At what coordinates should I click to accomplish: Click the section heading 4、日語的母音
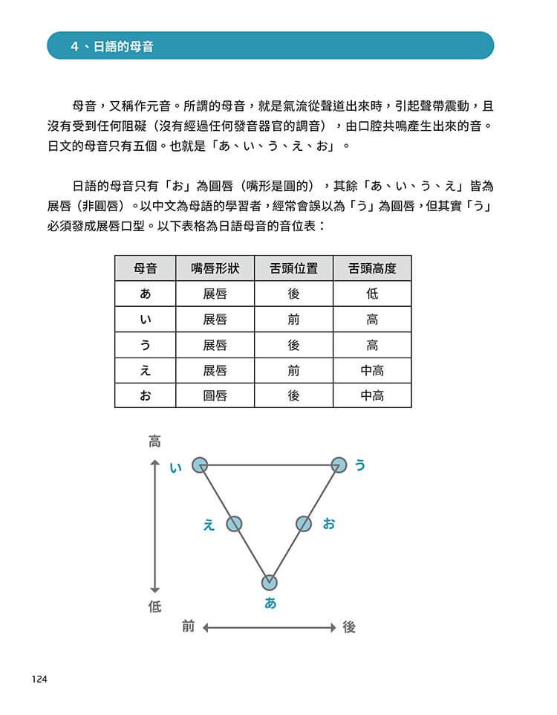tap(117, 46)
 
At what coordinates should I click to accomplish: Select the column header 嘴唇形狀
tap(215, 268)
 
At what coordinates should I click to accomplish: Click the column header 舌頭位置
tap(293, 268)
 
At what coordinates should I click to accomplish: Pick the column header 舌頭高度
tap(372, 268)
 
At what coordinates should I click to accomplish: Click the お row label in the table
tap(146, 395)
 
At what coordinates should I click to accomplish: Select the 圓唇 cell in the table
tap(215, 395)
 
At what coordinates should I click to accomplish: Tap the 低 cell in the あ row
tap(372, 294)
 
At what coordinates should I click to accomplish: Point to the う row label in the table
tap(146, 345)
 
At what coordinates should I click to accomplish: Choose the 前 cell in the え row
tap(293, 370)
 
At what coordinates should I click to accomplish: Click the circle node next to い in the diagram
tap(200, 465)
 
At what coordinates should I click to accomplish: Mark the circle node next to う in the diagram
tap(339, 465)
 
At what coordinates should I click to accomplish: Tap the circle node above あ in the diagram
tap(270, 582)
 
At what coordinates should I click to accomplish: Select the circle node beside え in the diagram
tap(235, 524)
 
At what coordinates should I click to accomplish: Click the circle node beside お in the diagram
tap(304, 524)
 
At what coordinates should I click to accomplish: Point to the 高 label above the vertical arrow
tap(154, 441)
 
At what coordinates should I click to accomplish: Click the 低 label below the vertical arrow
tap(154, 607)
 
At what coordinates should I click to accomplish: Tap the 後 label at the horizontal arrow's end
tap(349, 627)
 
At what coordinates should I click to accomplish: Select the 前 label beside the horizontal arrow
tap(188, 627)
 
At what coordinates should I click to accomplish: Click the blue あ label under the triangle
tap(270, 604)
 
